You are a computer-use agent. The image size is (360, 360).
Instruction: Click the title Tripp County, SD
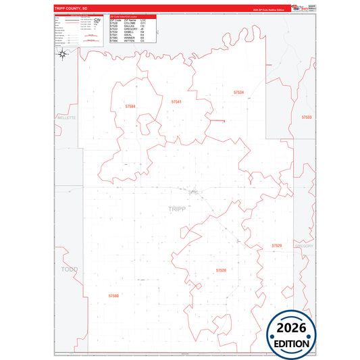click(68, 9)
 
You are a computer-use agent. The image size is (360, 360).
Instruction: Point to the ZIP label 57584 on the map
click(130, 106)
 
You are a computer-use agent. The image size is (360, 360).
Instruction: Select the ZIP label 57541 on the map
click(176, 101)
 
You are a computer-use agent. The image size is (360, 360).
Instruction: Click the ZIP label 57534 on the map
click(238, 92)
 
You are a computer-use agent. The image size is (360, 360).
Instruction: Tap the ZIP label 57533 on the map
click(306, 117)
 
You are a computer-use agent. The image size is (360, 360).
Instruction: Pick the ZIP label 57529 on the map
click(277, 245)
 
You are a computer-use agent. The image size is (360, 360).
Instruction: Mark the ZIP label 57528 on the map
click(221, 270)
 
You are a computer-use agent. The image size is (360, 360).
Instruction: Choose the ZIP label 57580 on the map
click(113, 296)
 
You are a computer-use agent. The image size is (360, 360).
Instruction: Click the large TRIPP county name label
click(176, 209)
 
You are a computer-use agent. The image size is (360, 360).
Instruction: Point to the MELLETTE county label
click(66, 118)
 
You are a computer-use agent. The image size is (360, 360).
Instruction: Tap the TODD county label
click(70, 269)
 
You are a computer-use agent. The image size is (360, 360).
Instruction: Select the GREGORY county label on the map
click(305, 246)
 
